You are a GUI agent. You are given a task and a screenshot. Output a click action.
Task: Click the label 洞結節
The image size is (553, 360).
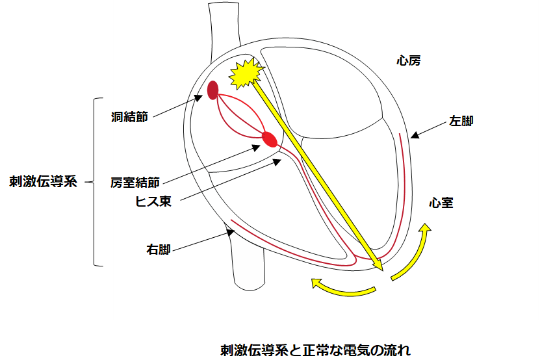(x=129, y=117)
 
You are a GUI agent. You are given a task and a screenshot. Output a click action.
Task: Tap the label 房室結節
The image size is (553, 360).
(x=135, y=183)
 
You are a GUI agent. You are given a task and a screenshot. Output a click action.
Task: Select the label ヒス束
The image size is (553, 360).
(x=153, y=201)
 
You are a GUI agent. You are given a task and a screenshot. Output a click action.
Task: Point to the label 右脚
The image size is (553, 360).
(x=159, y=249)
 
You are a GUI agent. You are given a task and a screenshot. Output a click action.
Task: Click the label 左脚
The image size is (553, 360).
(x=461, y=121)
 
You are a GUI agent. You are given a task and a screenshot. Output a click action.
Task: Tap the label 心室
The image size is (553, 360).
(x=441, y=203)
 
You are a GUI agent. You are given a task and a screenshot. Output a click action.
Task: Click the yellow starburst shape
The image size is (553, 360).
(x=246, y=75)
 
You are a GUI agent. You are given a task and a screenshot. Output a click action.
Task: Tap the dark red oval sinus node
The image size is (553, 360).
(x=212, y=90)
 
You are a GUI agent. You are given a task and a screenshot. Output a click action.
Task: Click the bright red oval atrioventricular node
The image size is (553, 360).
(x=269, y=139)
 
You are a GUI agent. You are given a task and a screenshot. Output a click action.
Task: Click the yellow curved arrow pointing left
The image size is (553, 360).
(x=342, y=286)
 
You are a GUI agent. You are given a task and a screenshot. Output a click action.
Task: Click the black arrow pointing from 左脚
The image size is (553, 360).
(x=428, y=129)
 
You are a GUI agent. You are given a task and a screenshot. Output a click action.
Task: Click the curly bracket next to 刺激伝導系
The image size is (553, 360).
(x=97, y=182)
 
